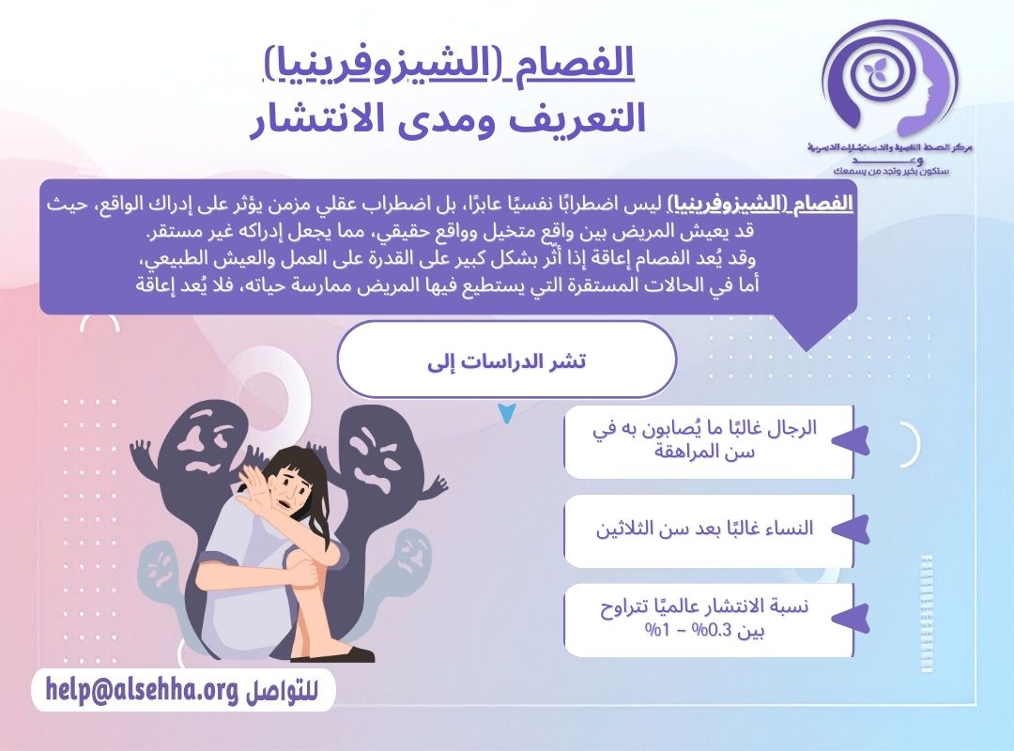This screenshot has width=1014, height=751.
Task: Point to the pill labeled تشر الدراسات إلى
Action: coord(506,360)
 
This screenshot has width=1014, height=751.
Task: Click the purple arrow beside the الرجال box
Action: coord(850,442)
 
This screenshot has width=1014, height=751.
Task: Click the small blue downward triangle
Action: coord(507,413)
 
